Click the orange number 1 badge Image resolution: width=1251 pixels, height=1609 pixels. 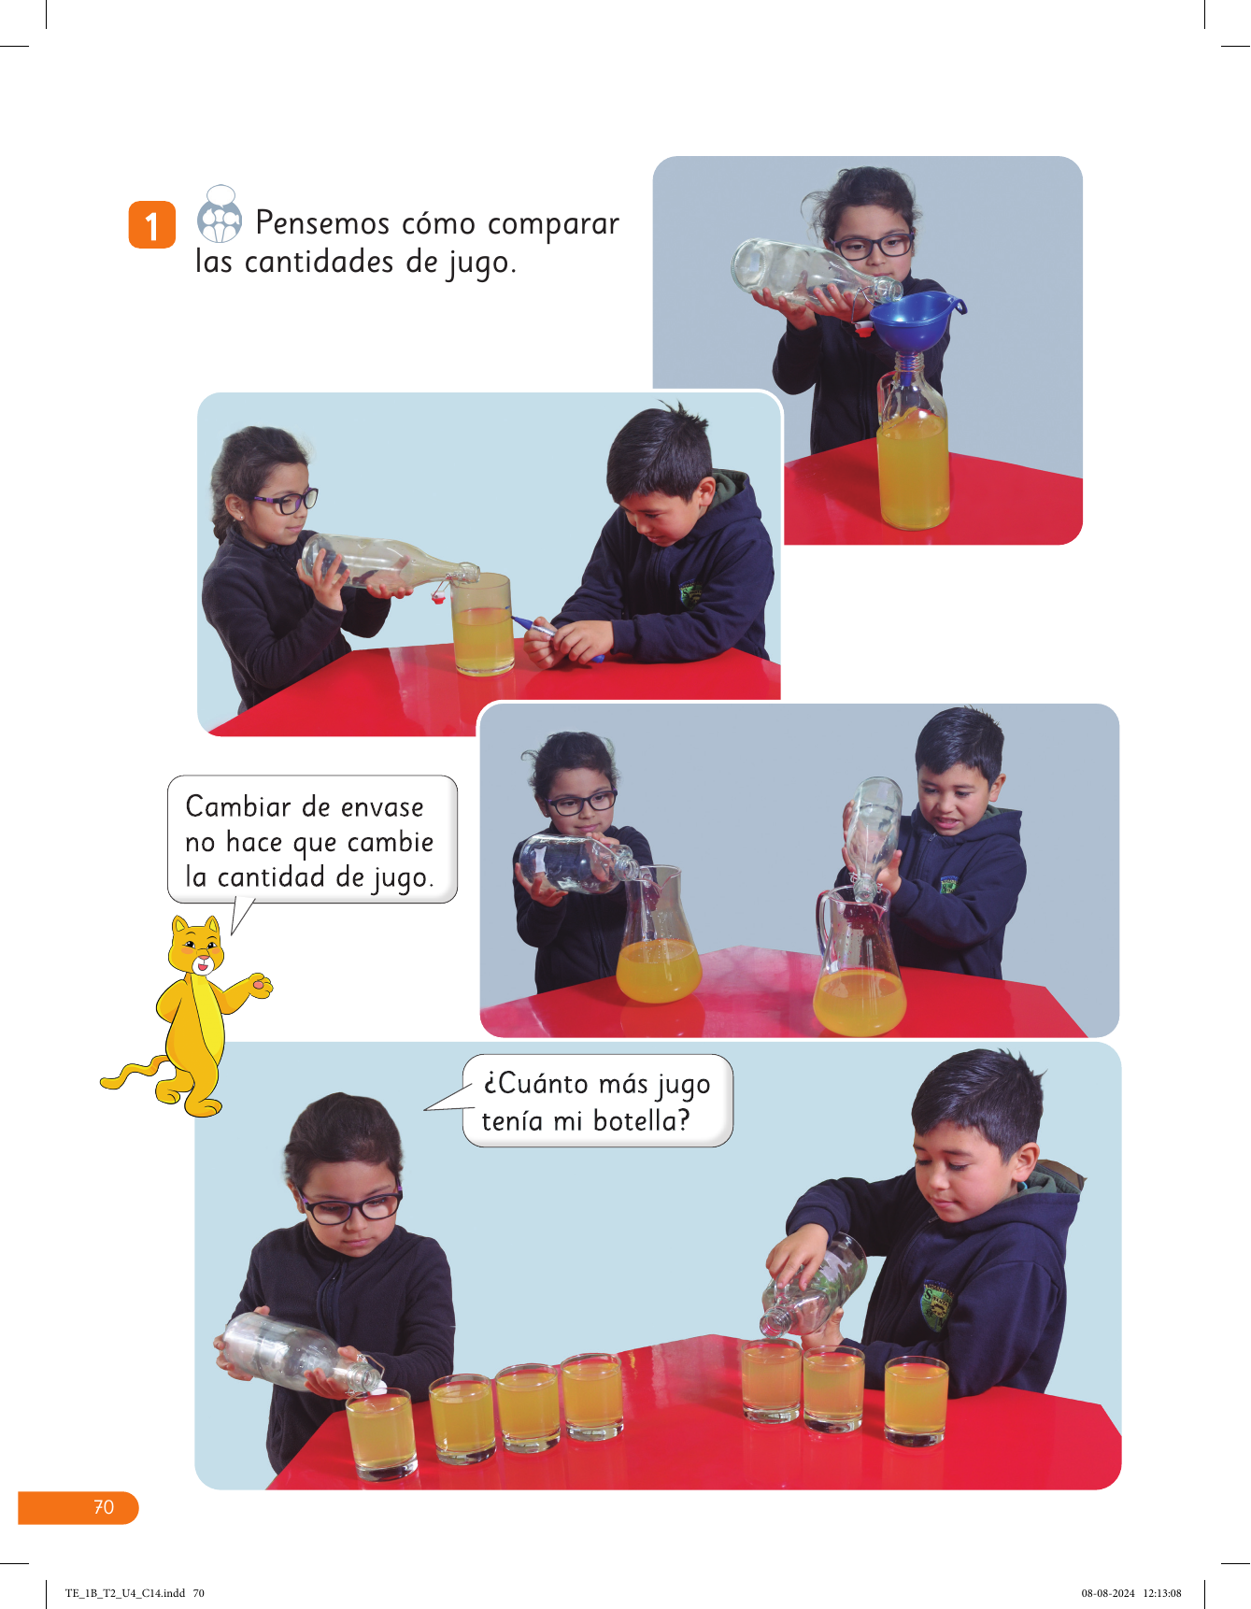151,225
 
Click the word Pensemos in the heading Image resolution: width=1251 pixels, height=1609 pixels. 322,224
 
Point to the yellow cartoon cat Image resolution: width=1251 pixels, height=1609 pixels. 192,1014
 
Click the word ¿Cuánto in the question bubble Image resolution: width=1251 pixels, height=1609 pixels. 535,1084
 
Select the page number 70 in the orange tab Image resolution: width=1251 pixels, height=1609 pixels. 104,1507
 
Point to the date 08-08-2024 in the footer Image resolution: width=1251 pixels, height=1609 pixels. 1108,1593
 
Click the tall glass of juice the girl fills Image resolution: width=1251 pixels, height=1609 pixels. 482,623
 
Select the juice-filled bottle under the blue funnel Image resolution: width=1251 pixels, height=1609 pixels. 912,449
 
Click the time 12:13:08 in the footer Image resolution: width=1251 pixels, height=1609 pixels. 1162,1593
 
